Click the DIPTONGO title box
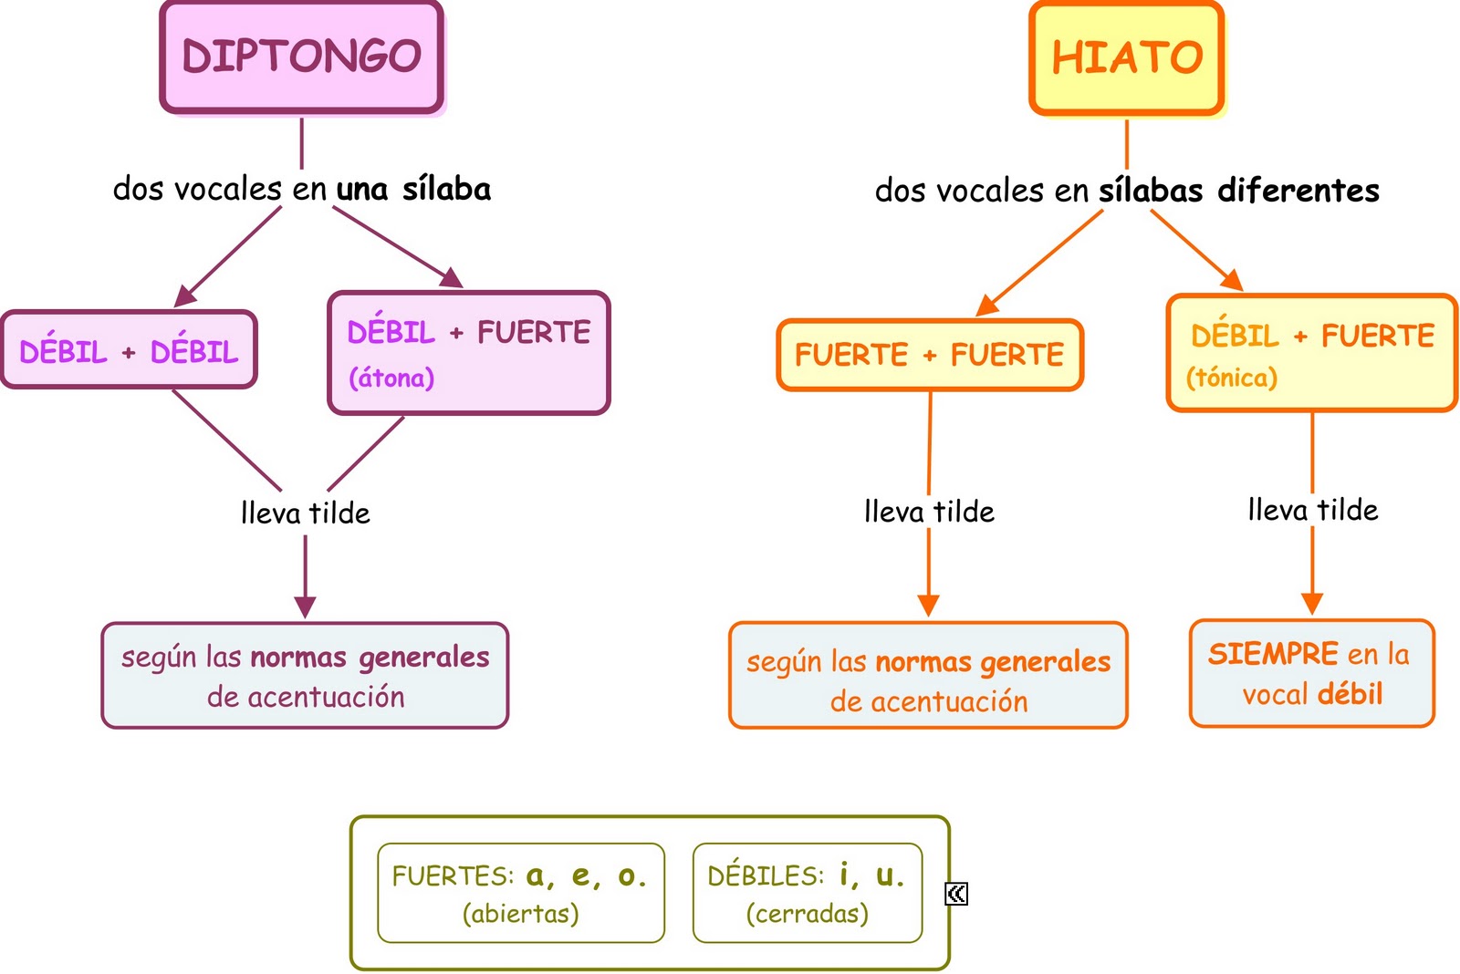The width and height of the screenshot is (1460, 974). point(301,57)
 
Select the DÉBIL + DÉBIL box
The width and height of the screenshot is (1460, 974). point(129,350)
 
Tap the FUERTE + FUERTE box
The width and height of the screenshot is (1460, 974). point(930,355)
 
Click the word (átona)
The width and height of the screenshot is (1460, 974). point(391,378)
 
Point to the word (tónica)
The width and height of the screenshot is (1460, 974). point(1232,378)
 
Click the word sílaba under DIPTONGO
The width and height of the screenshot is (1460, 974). point(446,189)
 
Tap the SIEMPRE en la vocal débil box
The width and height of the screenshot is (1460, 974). point(1311,674)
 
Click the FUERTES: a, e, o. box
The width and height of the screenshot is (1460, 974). point(521,893)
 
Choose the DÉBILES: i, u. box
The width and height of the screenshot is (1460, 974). point(808,893)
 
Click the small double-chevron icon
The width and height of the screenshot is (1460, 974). point(956,894)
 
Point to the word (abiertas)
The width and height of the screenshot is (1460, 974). point(520,913)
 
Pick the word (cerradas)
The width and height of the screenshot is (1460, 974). point(808,913)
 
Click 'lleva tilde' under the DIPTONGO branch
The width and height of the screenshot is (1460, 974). point(306,513)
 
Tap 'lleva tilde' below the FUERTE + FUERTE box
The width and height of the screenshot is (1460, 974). point(929,512)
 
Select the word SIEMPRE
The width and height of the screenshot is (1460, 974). point(1273,654)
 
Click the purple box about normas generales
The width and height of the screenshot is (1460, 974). point(305,676)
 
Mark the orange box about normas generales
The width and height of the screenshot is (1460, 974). point(928,676)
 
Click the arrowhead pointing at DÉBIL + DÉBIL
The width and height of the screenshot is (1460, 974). point(183,296)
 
